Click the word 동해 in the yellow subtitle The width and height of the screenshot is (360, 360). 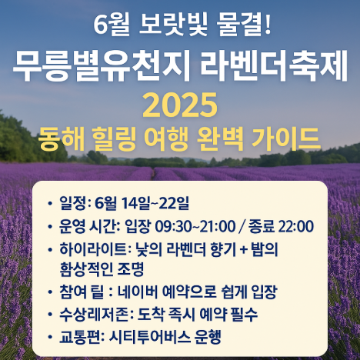click(x=63, y=139)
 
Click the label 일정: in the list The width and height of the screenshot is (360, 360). click(x=74, y=204)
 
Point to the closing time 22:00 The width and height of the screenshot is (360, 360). click(x=295, y=226)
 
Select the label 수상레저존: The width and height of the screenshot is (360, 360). click(x=96, y=315)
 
